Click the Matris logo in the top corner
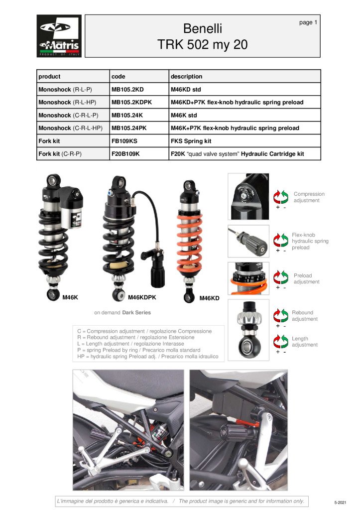point(59,36)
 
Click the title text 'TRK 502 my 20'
point(202,44)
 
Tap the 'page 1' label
point(308,22)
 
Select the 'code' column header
point(119,77)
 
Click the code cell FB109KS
point(124,141)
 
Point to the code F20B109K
point(125,154)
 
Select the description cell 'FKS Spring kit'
point(191,141)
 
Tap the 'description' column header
point(186,77)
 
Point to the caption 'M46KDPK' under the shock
point(142,297)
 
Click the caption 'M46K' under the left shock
point(70,297)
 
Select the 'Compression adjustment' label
point(309,197)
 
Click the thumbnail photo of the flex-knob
point(248,241)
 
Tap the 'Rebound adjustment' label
point(304,316)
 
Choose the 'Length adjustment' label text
point(304,342)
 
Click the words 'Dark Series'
point(136,313)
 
